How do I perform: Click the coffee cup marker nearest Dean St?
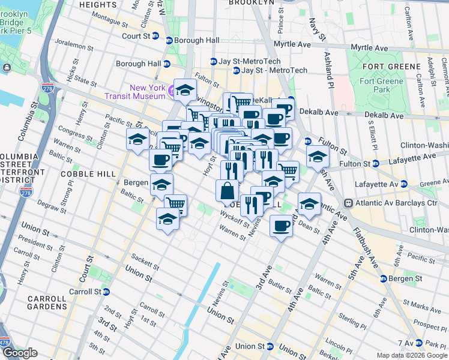(x=281, y=226)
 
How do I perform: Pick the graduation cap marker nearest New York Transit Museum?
(x=185, y=90)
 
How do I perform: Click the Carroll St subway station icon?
(x=106, y=292)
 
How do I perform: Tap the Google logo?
(x=20, y=353)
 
